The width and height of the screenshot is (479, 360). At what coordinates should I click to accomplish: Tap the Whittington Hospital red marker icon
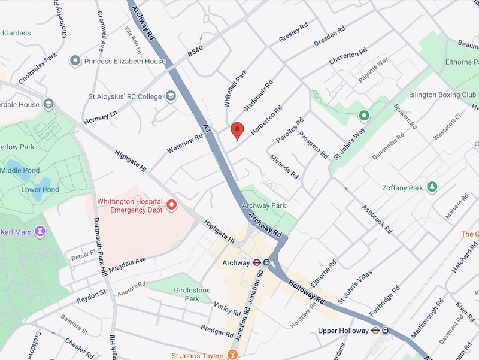click(x=172, y=205)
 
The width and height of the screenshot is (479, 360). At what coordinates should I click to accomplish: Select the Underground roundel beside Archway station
click(x=256, y=262)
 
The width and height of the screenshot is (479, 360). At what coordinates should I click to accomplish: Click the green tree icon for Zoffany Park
click(x=431, y=187)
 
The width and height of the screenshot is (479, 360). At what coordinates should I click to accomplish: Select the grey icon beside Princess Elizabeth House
click(x=75, y=61)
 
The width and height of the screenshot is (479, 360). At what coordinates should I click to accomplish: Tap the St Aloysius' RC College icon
click(x=171, y=96)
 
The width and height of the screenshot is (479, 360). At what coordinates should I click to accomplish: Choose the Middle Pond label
click(x=19, y=170)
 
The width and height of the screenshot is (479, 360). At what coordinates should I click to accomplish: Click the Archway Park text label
click(x=264, y=205)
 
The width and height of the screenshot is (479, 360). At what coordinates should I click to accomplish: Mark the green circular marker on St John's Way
click(x=363, y=115)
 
